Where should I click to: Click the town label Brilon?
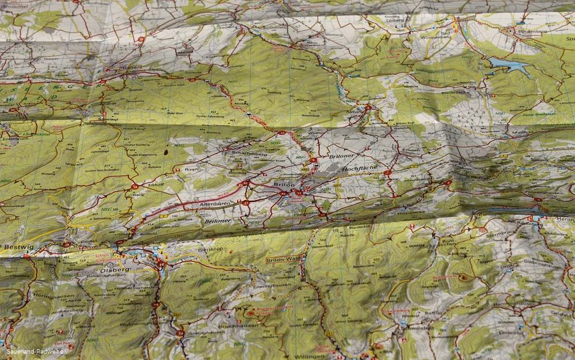284,184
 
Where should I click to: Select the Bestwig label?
14,246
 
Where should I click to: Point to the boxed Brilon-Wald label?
283,260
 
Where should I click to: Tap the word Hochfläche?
360,169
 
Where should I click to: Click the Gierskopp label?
210,249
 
